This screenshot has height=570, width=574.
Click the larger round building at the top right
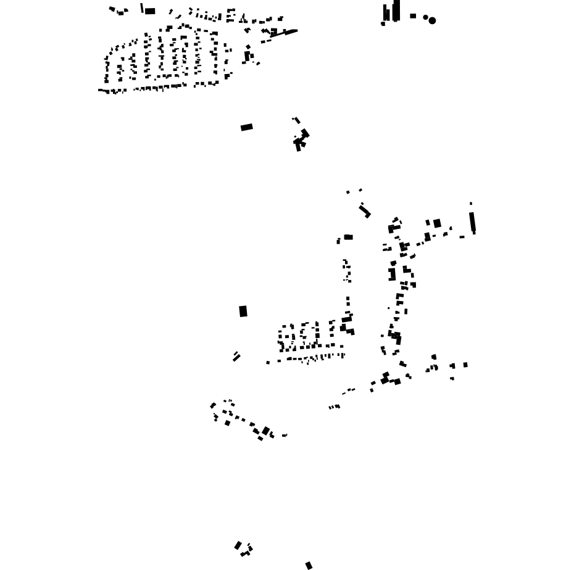tap(432, 20)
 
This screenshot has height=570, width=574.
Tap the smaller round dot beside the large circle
tap(425, 17)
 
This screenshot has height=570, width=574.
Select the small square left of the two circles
tap(413, 16)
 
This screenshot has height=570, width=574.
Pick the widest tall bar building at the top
tap(396, 10)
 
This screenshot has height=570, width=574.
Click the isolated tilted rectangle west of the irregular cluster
tap(247, 127)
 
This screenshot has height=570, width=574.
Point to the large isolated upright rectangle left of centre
tap(243, 312)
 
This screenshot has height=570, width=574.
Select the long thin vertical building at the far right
tap(472, 221)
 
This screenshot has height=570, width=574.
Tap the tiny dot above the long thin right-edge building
tap(471, 204)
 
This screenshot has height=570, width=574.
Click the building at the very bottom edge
tap(309, 565)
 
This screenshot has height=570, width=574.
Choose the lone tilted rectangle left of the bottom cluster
tap(238, 545)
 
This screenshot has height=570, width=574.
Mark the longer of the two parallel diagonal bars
tap(237, 358)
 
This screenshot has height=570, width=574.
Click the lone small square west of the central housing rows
tap(268, 363)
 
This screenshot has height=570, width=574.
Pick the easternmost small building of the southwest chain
tap(285, 436)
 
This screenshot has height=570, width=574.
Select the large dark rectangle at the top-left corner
tap(150, 11)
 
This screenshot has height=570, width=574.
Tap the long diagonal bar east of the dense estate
tap(284, 33)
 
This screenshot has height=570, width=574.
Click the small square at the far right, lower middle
tap(465, 365)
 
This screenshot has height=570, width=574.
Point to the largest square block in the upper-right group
tap(437, 223)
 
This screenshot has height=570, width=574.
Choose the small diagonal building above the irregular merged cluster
tap(297, 120)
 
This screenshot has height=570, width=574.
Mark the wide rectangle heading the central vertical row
tap(349, 237)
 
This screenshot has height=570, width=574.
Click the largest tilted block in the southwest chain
tap(266, 431)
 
